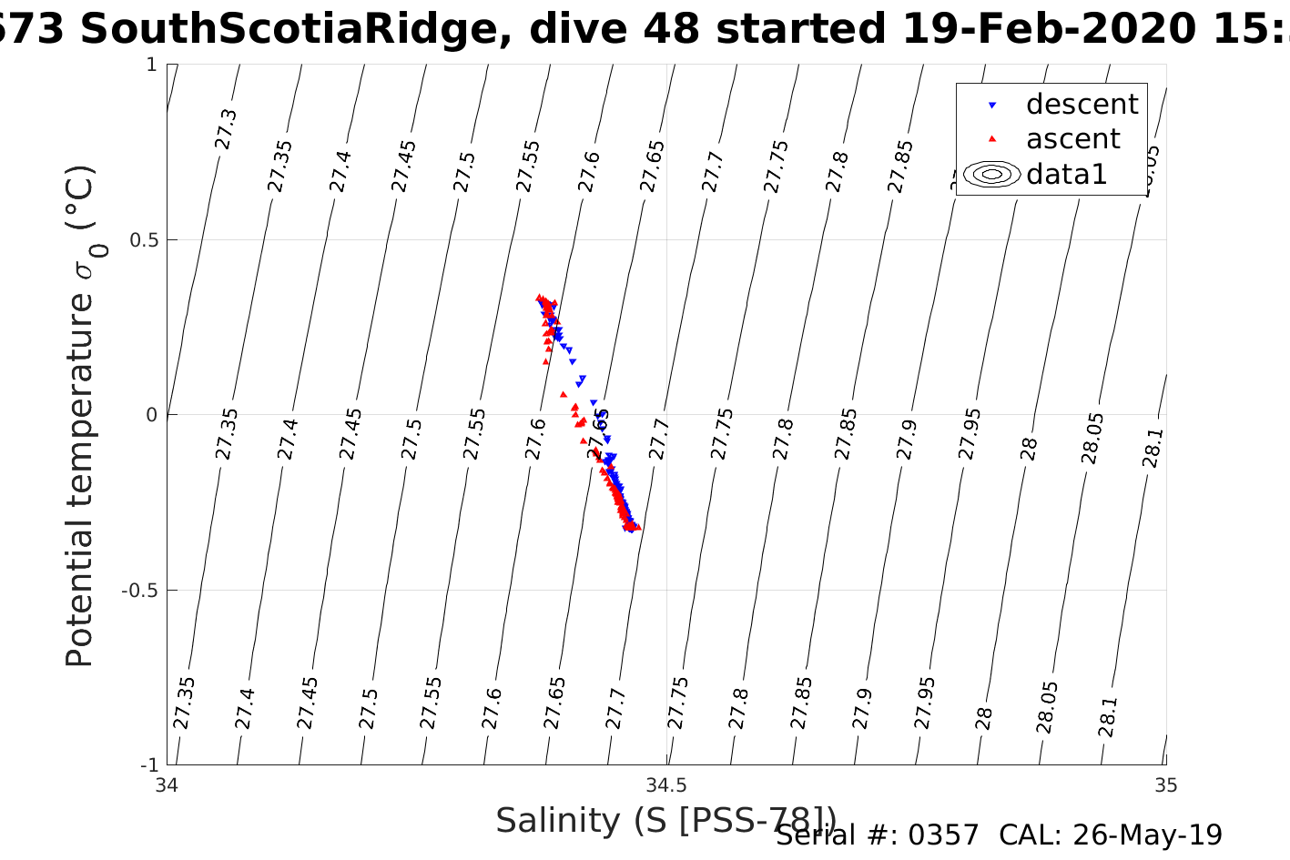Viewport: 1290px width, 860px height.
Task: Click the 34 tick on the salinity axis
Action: (x=168, y=784)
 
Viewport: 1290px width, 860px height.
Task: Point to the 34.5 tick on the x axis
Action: (x=666, y=784)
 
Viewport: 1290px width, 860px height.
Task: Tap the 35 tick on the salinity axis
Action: (x=1165, y=784)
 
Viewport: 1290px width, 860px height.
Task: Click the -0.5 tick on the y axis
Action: (x=137, y=591)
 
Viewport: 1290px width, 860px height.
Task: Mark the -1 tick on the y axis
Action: (x=147, y=764)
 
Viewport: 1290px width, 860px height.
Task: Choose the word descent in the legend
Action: (x=1082, y=105)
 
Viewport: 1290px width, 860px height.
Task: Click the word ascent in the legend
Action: (x=1072, y=139)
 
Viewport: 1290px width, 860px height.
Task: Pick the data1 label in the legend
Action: (x=1066, y=174)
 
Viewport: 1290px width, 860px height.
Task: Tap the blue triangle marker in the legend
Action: (x=992, y=106)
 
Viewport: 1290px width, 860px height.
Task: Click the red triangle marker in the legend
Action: (x=992, y=139)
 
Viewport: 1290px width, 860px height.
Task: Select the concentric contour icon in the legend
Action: (x=992, y=174)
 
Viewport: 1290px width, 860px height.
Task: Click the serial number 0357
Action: (x=943, y=835)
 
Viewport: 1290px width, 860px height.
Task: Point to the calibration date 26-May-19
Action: (x=1147, y=835)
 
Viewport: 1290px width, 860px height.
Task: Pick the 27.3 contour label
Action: (x=226, y=129)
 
